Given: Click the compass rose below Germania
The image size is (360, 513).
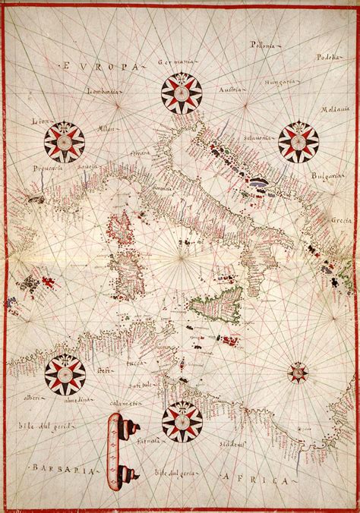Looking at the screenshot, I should click(182, 93).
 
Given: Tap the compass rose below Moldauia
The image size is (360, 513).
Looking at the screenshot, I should click(298, 140).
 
